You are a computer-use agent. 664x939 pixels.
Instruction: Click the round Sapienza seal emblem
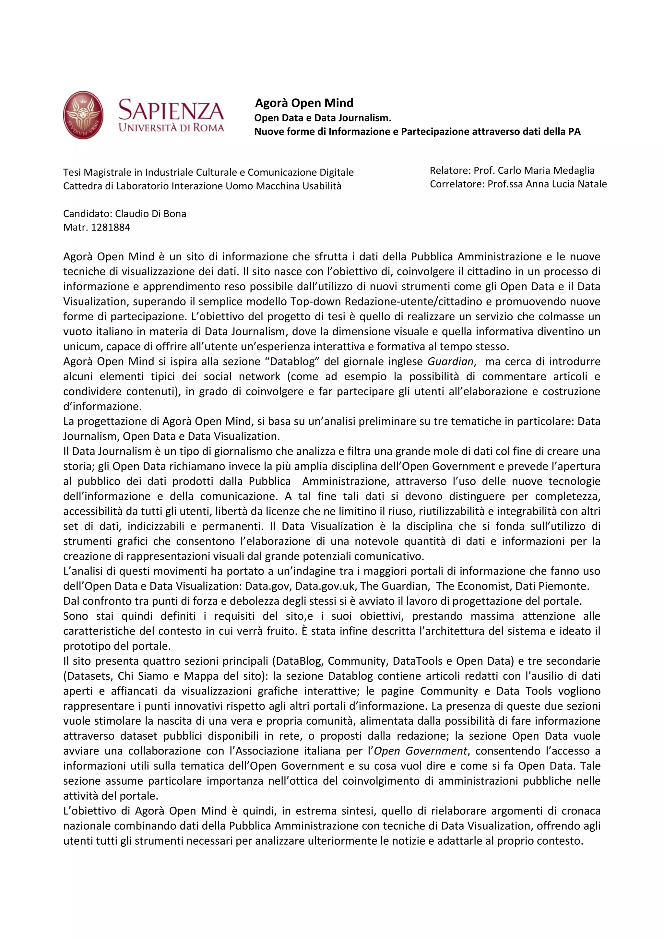coord(83,115)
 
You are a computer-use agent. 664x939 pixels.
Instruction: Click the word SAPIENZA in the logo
coord(171,110)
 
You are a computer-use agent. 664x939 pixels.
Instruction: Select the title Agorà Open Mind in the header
coord(304,103)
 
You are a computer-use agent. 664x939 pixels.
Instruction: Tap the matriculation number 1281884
coord(111,227)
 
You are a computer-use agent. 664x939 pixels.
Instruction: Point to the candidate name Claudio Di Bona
coord(150,213)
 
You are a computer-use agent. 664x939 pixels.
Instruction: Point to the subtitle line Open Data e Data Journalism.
coord(323,118)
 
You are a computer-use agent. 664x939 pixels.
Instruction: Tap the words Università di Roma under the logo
coord(171,128)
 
